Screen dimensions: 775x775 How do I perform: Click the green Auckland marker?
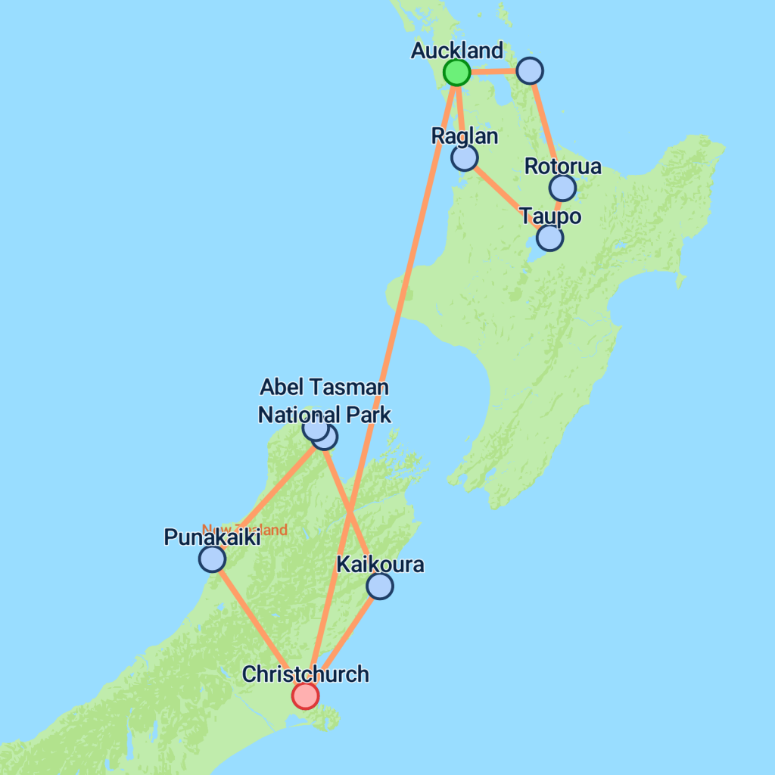pyautogui.click(x=456, y=73)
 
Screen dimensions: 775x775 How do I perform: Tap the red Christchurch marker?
pyautogui.click(x=305, y=695)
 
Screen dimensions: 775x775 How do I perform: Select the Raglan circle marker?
pyautogui.click(x=464, y=157)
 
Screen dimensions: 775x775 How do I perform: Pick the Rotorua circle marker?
pyautogui.click(x=562, y=188)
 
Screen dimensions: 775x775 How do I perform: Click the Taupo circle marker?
pyautogui.click(x=549, y=238)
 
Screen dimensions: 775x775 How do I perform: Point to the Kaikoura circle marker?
pyautogui.click(x=379, y=586)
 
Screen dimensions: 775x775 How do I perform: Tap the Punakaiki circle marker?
pyautogui.click(x=212, y=559)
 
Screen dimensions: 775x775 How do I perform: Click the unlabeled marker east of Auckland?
pyautogui.click(x=530, y=70)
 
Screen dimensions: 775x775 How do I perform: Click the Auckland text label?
pyautogui.click(x=456, y=51)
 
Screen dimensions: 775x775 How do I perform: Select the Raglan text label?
pyautogui.click(x=465, y=136)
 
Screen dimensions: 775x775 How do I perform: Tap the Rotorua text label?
pyautogui.click(x=563, y=167)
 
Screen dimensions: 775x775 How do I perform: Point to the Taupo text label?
pyautogui.click(x=550, y=216)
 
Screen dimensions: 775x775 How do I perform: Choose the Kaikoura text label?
pyautogui.click(x=380, y=565)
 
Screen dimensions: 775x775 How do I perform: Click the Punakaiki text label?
pyautogui.click(x=212, y=538)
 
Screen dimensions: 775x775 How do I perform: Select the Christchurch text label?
pyautogui.click(x=305, y=674)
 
